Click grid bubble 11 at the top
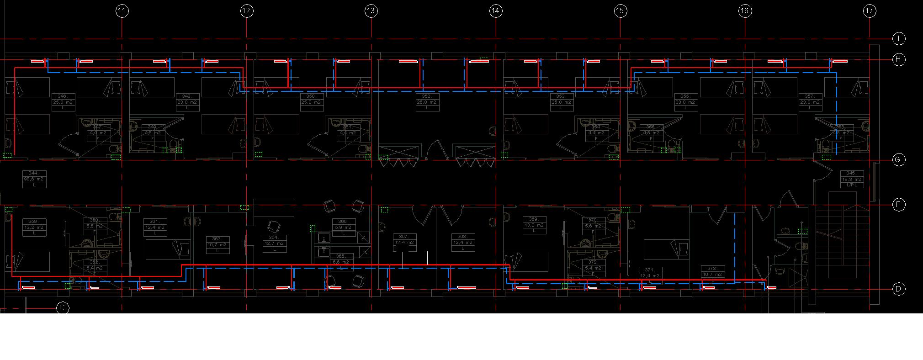point(122,11)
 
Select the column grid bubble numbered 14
point(496,11)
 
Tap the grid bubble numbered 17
point(870,11)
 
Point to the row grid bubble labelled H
point(898,60)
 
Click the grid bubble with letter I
point(898,39)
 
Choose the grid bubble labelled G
point(898,160)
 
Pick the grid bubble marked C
point(63,308)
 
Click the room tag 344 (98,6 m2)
point(34,179)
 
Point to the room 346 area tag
point(63,102)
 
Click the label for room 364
point(275,244)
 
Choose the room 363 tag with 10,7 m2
point(217,245)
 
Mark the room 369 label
point(534,225)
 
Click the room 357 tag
point(811,102)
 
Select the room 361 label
point(155,227)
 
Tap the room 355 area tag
point(686,102)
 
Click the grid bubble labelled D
point(898,289)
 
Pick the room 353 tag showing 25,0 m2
point(562,102)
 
